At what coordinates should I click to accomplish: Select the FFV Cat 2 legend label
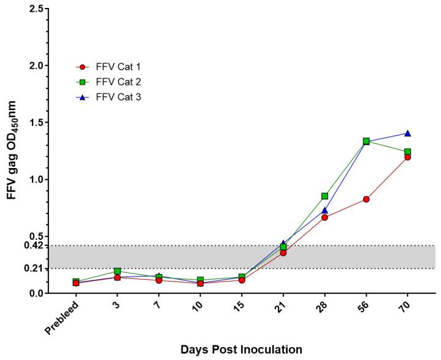[120, 82]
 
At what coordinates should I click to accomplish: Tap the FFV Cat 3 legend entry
[120, 96]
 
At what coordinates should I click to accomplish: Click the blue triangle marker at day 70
[407, 133]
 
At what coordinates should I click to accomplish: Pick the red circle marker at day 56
[366, 199]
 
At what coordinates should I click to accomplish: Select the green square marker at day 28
[324, 196]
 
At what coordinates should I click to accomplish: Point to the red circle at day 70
[407, 157]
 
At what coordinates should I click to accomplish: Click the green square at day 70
[407, 151]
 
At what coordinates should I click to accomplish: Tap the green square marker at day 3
[117, 271]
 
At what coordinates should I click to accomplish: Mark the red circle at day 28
[324, 217]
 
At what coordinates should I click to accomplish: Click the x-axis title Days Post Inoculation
[241, 350]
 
